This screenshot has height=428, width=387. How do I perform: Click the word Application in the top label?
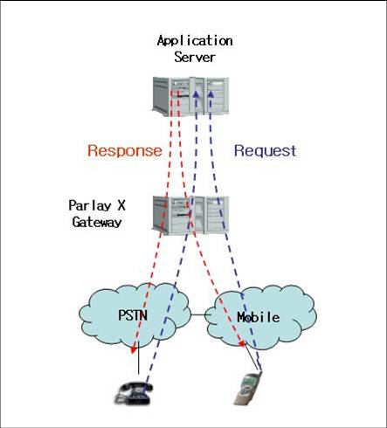point(195,41)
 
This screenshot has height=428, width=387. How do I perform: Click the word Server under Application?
point(195,57)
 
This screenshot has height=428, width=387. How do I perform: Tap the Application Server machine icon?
point(190,96)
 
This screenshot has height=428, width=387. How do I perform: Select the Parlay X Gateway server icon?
point(190,215)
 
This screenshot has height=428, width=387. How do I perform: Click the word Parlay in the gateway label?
point(90,206)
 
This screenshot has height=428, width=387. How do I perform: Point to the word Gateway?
point(97,222)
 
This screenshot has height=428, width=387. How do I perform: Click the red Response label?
point(125,150)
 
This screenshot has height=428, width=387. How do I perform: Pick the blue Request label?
point(266,151)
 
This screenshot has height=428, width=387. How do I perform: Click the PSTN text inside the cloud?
point(133,315)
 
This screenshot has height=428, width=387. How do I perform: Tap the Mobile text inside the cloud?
point(259,317)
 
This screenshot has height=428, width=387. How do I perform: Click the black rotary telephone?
point(134,393)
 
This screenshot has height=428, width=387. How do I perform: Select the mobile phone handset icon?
point(248,388)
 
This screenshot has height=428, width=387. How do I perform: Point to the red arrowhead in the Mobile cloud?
point(242,343)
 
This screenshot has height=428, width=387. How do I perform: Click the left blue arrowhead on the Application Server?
point(196,93)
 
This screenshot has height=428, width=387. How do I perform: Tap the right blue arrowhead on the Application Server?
point(211,93)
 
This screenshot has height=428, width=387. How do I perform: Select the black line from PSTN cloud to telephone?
point(138,358)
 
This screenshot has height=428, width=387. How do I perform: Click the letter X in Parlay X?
point(121,206)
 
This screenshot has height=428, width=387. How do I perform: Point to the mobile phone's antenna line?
point(252,358)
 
